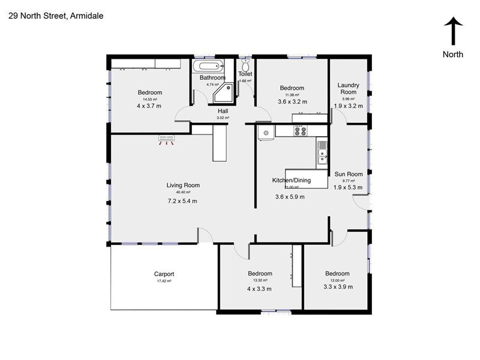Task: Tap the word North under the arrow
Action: pyautogui.click(x=453, y=54)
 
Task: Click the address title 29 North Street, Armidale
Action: pyautogui.click(x=56, y=16)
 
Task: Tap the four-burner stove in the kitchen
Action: pyautogui.click(x=300, y=130)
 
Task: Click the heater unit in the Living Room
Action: pyautogui.click(x=166, y=140)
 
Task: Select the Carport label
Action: pyautogui.click(x=164, y=274)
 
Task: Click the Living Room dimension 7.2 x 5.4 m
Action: pyautogui.click(x=182, y=201)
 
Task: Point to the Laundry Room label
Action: pyautogui.click(x=348, y=89)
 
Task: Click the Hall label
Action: pyautogui.click(x=223, y=111)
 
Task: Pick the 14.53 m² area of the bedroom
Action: pyautogui.click(x=149, y=100)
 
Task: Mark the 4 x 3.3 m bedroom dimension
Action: pyautogui.click(x=259, y=289)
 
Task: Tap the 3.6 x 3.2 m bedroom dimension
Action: pyautogui.click(x=292, y=102)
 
